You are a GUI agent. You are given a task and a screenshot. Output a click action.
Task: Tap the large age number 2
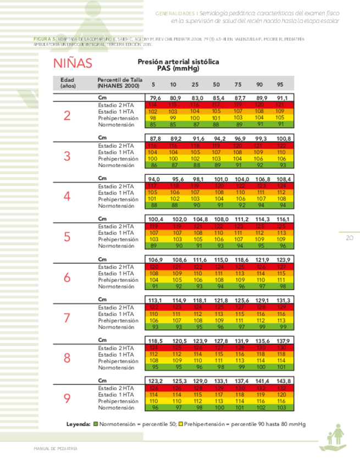pyautogui.click(x=67, y=116)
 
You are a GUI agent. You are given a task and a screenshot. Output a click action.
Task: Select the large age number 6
pyautogui.click(x=67, y=277)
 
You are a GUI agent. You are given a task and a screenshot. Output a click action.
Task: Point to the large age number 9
pyautogui.click(x=67, y=398)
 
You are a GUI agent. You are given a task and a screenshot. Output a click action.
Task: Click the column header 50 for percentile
pyautogui.click(x=217, y=84)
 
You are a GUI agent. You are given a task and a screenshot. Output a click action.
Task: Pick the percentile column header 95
pyautogui.click(x=280, y=84)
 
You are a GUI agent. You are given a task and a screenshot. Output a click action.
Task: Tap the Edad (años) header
pyautogui.click(x=68, y=82)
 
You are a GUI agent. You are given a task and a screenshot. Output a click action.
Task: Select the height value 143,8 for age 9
pyautogui.click(x=281, y=380)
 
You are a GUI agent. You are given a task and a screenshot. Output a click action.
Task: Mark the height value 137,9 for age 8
pyautogui.click(x=281, y=340)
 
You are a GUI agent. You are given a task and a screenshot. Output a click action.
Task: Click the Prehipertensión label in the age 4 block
pyautogui.click(x=115, y=199)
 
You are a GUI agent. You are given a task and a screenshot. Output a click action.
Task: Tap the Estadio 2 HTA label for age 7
pyautogui.click(x=115, y=307)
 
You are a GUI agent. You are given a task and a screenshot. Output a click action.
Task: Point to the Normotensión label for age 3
pyautogui.click(x=115, y=165)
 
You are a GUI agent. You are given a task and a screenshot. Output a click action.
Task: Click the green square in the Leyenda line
pyautogui.click(x=96, y=425)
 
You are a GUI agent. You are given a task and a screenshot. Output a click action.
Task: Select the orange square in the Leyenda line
pyautogui.click(x=180, y=425)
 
